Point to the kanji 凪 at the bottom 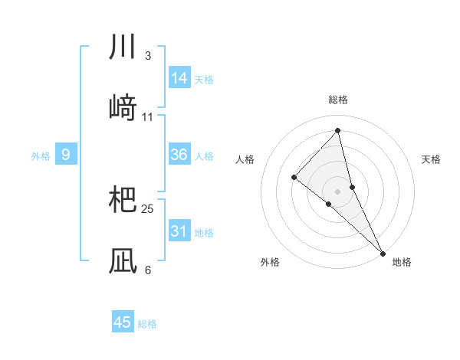(x=123, y=260)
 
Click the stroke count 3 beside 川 (x=147, y=56)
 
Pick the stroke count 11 (x=148, y=116)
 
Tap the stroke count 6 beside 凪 (x=147, y=270)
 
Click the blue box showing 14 (x=179, y=78)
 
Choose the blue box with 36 (x=179, y=155)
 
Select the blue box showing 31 (x=179, y=231)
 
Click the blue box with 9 (x=66, y=155)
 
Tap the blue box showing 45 (x=123, y=322)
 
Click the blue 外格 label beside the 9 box (x=41, y=156)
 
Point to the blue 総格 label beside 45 (x=147, y=324)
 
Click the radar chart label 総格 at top (x=338, y=100)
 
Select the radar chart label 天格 (x=431, y=159)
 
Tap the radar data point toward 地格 (x=383, y=252)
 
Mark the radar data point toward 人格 (x=294, y=178)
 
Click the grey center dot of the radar (x=337, y=191)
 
